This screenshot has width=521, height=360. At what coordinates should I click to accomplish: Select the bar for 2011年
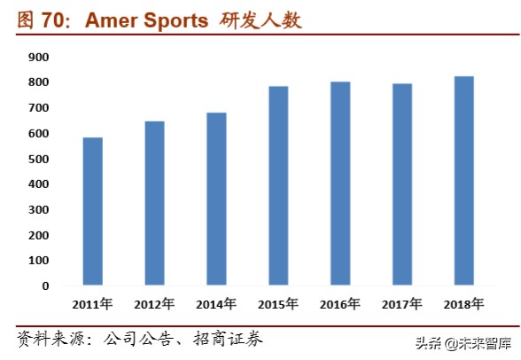(93, 212)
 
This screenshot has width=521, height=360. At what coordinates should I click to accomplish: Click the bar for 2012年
(155, 204)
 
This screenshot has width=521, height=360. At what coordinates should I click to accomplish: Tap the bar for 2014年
(217, 200)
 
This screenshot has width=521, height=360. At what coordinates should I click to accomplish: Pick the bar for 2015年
(278, 186)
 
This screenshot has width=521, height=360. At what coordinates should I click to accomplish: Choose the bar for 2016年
(340, 184)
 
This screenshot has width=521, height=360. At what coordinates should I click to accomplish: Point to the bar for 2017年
(402, 184)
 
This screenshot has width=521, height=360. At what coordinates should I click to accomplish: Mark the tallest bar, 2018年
(464, 181)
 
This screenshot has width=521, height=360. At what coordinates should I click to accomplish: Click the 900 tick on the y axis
(38, 57)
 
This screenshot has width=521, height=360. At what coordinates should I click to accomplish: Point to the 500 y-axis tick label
(38, 159)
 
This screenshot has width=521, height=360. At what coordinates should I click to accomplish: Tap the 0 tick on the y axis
(45, 286)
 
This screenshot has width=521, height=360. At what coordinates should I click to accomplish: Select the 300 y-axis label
(38, 210)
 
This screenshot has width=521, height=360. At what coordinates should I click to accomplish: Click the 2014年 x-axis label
(217, 305)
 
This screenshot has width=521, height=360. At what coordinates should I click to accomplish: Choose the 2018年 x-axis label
(464, 305)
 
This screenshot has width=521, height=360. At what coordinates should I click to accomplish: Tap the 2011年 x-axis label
(93, 305)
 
